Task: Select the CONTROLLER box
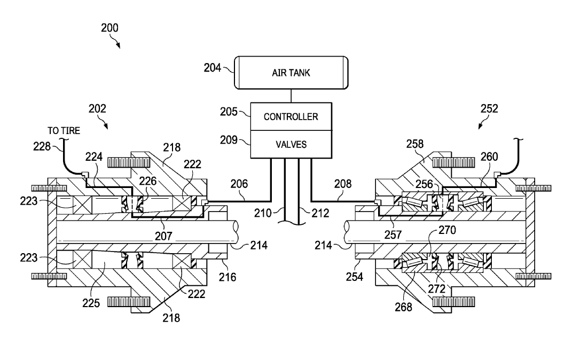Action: coord(291,116)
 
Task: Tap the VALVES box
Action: coord(291,144)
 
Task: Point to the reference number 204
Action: coord(213,68)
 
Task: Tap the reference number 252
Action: coord(489,108)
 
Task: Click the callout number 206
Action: coord(239,184)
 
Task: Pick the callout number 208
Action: coord(343,184)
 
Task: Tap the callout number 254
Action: coord(355,277)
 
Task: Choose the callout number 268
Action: coord(404,307)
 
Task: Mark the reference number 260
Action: coord(489,156)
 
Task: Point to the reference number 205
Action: coord(229,112)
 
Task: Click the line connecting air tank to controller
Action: coord(291,96)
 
